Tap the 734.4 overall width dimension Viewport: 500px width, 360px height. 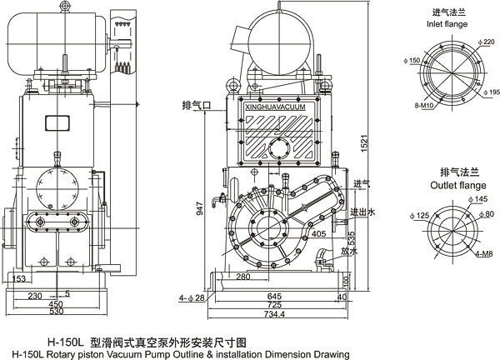click(273, 314)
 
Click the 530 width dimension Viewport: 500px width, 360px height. click(56, 313)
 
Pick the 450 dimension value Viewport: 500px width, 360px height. click(56, 304)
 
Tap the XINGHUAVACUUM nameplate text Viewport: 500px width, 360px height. click(277, 107)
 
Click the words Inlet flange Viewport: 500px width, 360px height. click(452, 24)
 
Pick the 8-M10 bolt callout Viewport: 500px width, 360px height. click(423, 107)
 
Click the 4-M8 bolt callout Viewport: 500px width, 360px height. click(487, 253)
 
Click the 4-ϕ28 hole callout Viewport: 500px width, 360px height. click(191, 297)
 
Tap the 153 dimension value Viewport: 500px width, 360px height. click(18, 279)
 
